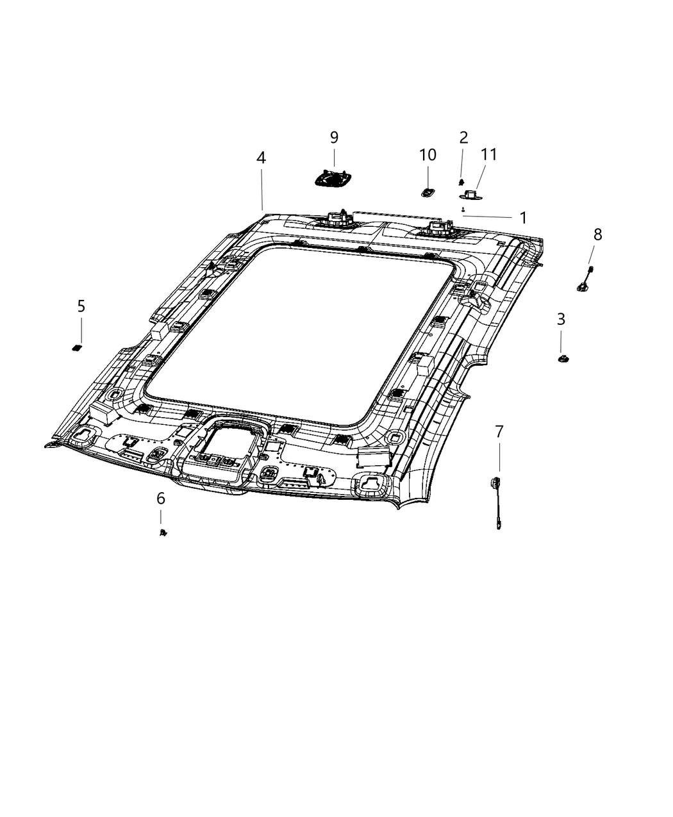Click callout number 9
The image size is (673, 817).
334,137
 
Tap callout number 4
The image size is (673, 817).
261,158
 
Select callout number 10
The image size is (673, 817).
428,155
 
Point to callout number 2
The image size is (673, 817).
463,137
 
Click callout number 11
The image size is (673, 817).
489,154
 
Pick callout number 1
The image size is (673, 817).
523,218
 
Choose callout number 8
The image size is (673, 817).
597,235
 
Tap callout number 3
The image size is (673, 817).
561,318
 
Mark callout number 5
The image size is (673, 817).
81,306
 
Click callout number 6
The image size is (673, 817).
160,498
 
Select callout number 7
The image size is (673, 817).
499,431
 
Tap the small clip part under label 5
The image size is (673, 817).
76,347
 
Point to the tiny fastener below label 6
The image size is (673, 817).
163,532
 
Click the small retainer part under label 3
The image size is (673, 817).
562,358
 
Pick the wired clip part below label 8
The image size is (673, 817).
586,281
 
